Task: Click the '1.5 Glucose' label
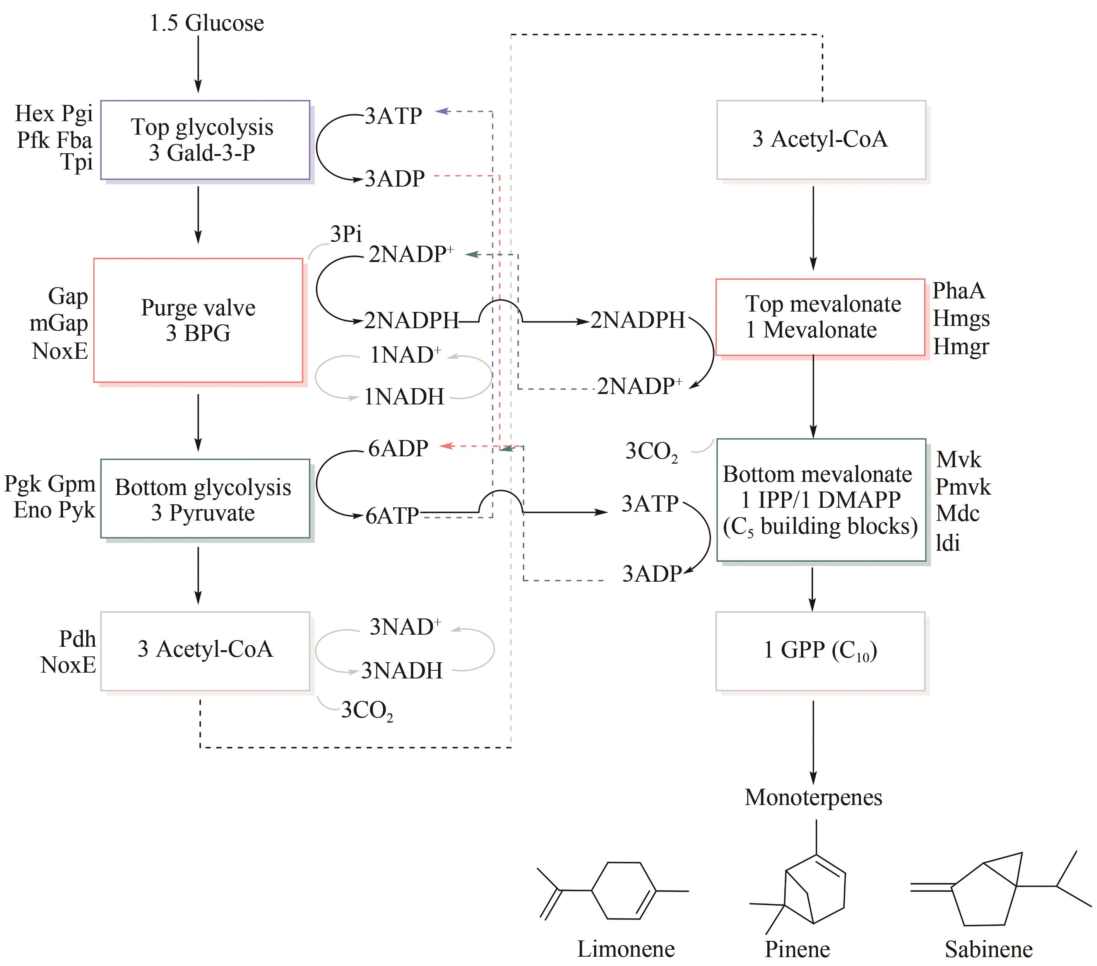pos(207,23)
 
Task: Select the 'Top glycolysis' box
pos(205,140)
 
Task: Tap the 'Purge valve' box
pos(198,320)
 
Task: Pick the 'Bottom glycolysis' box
pos(205,498)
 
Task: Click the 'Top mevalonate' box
pos(820,317)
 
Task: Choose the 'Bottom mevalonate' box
pos(821,500)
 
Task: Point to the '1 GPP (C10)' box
pos(820,651)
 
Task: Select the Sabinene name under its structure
pos(989,949)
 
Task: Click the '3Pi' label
pos(346,234)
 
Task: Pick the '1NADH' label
pos(404,397)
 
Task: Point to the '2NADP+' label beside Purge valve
pos(411,254)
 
